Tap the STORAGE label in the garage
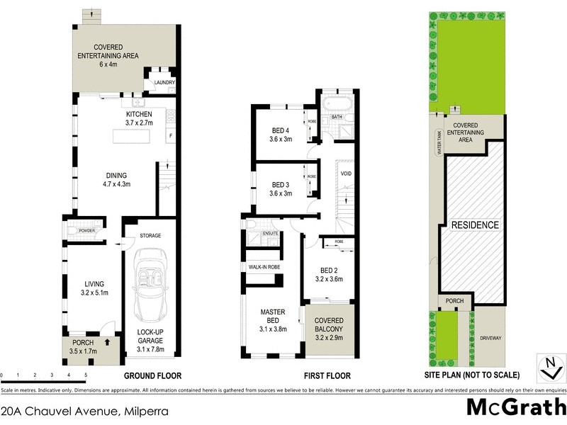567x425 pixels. (151, 235)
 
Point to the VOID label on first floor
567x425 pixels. (347, 174)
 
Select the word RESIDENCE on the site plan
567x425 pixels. (476, 225)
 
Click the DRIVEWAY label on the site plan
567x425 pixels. (490, 338)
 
